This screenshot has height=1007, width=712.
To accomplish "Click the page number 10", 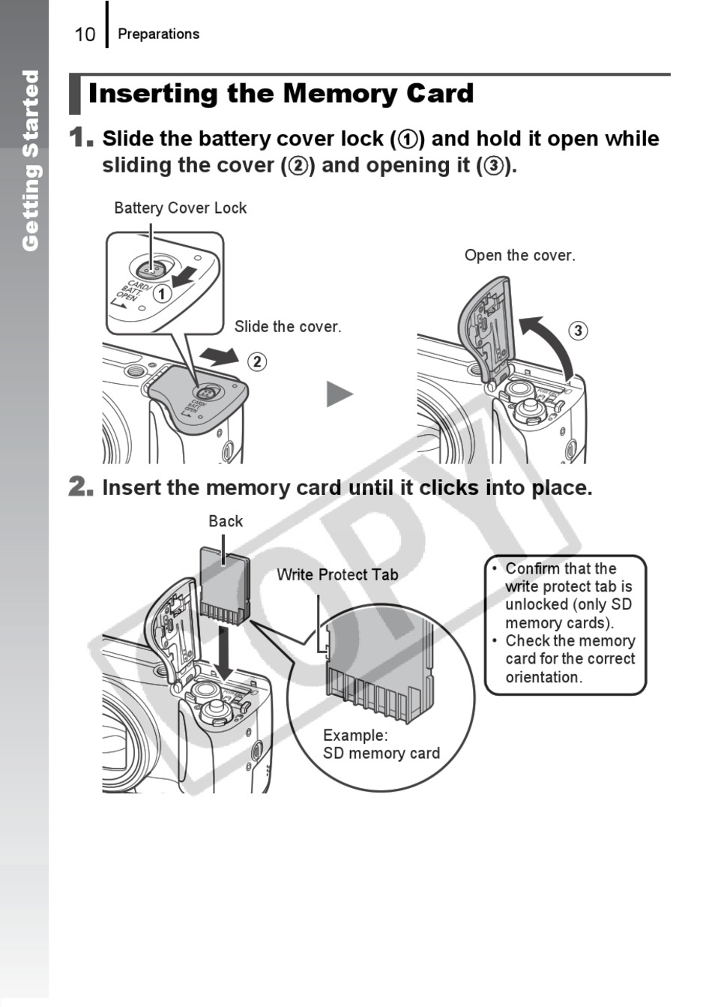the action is coord(85,34).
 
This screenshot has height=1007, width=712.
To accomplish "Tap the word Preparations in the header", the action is coord(158,34).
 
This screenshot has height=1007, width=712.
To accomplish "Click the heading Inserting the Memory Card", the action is coord(281,94).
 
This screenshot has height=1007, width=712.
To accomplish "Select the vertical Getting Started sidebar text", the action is coord(30,160).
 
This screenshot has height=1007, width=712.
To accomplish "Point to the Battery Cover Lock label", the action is coord(180,208).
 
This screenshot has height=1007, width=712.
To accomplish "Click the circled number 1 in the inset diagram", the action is coord(162,293).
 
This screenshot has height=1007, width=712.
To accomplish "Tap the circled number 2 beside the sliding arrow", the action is coord(257,361).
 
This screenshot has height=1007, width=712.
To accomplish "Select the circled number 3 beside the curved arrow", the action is coord(577,331).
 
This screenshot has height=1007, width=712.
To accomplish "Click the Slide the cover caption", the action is coord(287,326).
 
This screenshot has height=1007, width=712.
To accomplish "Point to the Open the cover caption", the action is coord(519,255).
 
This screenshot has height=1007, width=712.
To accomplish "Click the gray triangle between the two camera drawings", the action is coord(339,394).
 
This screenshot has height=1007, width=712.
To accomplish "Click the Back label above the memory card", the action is coord(226,521).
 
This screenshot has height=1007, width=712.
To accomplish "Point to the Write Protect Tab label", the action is coord(337,574).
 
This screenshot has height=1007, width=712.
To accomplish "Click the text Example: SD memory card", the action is coord(381,744).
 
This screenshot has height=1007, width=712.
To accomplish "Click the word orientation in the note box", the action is coord(543,677).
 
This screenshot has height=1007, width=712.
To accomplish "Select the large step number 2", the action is coord(80,487).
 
